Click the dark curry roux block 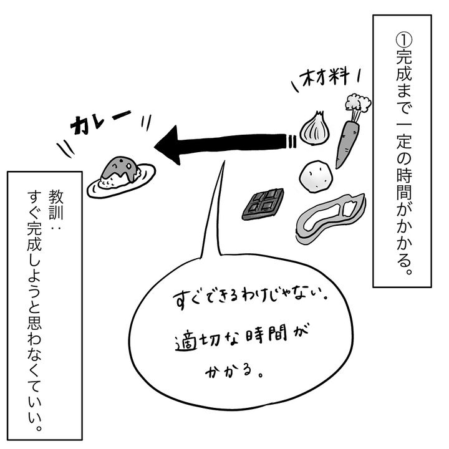pyautogui.click(x=263, y=203)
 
